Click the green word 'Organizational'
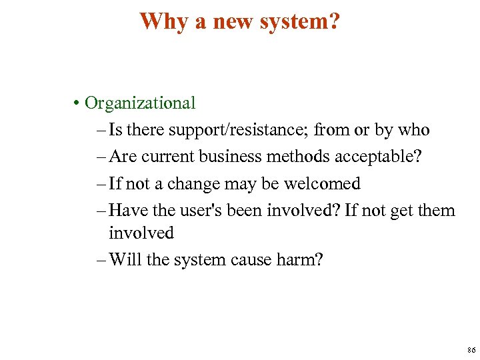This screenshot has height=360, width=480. [141, 103]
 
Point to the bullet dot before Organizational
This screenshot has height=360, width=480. [78, 104]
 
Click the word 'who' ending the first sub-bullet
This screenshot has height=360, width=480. [413, 130]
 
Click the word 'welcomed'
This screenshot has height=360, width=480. [323, 183]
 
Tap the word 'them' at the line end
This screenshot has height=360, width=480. [436, 211]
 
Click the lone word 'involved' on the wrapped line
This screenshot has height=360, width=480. [141, 233]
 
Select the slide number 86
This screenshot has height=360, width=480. [471, 350]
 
